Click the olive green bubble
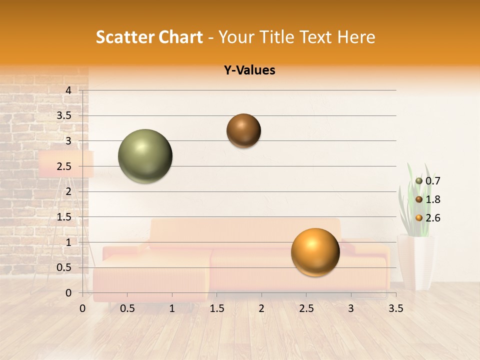pyautogui.click(x=145, y=156)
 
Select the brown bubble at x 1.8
pyautogui.click(x=243, y=130)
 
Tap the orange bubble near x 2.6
pyautogui.click(x=315, y=252)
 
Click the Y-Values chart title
pyautogui.click(x=249, y=70)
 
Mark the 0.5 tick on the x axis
pyautogui.click(x=127, y=308)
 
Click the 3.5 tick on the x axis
pyautogui.click(x=396, y=308)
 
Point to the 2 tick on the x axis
pyautogui.click(x=261, y=308)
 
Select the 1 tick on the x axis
pyautogui.click(x=172, y=308)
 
